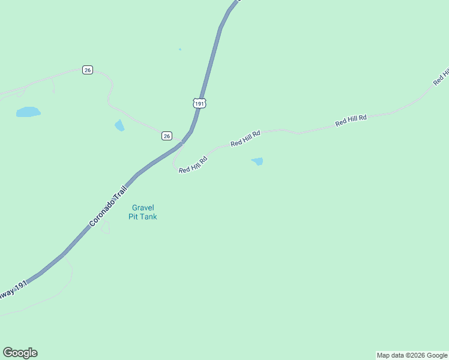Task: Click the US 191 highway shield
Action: pos(199,103)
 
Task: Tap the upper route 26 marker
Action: pos(88,70)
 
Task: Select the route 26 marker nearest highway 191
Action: pos(167,136)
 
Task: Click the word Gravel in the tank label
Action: pos(143,208)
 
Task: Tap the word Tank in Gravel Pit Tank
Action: pos(148,217)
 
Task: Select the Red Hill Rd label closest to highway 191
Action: pos(193,165)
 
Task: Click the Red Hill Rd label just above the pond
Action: pos(246,139)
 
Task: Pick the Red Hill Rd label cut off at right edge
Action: pos(442,76)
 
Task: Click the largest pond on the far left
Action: pos(28,112)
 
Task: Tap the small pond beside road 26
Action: pos(119,125)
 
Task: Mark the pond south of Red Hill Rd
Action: pos(257,161)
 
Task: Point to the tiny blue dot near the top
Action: pos(179,49)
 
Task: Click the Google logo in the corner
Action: pos(20,353)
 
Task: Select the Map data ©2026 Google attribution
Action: pos(412,355)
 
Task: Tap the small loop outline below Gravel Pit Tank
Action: pos(106,227)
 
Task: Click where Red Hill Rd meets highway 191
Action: pos(181,143)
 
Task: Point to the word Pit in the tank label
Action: pos(133,217)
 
